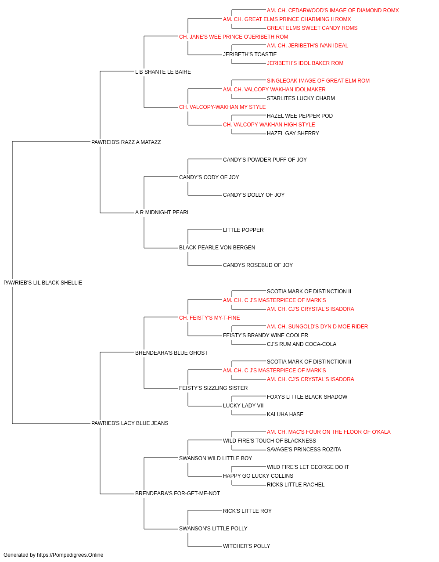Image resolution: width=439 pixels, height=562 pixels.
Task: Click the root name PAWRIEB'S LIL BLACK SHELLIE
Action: (x=43, y=283)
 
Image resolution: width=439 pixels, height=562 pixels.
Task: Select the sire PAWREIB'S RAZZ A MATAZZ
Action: (x=126, y=142)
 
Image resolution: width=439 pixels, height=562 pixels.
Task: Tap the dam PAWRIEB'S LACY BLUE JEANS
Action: (x=130, y=423)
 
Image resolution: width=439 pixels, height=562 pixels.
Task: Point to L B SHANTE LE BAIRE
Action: (x=163, y=72)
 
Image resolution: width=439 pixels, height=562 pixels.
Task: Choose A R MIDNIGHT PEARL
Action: (x=162, y=213)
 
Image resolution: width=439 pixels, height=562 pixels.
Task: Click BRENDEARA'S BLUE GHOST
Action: (x=171, y=353)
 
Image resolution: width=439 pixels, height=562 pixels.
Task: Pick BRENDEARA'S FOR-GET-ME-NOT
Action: (x=177, y=494)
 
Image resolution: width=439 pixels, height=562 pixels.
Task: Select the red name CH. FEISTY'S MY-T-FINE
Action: (x=209, y=318)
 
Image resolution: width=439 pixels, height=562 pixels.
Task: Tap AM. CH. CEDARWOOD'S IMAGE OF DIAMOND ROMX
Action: (x=333, y=11)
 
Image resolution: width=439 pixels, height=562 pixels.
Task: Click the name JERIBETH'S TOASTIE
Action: (x=250, y=54)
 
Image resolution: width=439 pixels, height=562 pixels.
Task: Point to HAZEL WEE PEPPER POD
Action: (x=300, y=116)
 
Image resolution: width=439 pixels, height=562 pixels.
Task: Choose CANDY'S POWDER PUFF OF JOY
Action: (x=265, y=160)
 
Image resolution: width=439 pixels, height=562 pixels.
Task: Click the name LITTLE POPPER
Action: (x=243, y=230)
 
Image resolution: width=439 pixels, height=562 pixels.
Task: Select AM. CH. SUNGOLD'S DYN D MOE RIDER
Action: (x=317, y=327)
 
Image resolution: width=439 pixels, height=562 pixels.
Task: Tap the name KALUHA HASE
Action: (x=285, y=414)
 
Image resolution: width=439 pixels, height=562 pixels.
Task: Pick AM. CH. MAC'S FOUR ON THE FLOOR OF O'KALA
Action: (x=329, y=432)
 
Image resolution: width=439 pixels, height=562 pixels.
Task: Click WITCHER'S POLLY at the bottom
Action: (x=246, y=546)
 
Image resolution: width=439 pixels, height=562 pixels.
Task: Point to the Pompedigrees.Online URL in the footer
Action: (x=70, y=555)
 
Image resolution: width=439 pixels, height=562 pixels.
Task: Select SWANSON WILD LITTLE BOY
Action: (x=216, y=458)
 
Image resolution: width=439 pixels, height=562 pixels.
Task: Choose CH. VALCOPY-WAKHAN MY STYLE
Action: (x=222, y=107)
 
